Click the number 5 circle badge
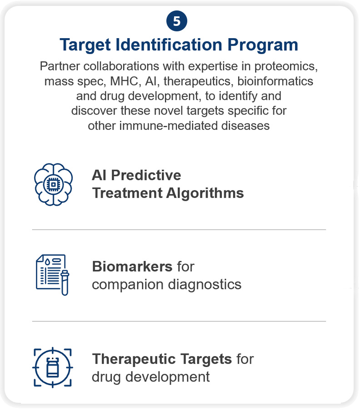pos(176,21)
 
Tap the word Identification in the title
pos(169,45)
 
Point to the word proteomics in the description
pos(286,67)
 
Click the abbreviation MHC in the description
pos(124,81)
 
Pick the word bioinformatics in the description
pos(275,81)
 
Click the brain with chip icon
pos(54,184)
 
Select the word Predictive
pos(146,175)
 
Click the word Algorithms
pos(205,193)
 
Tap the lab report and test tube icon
pos(52,275)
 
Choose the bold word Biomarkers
pos(132,267)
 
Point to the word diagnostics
pos(205,284)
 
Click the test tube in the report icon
pos(65,282)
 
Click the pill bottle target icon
pos(53,367)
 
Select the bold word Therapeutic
pos(135,359)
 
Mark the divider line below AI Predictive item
pos(179,230)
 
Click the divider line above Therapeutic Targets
pos(179,321)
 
